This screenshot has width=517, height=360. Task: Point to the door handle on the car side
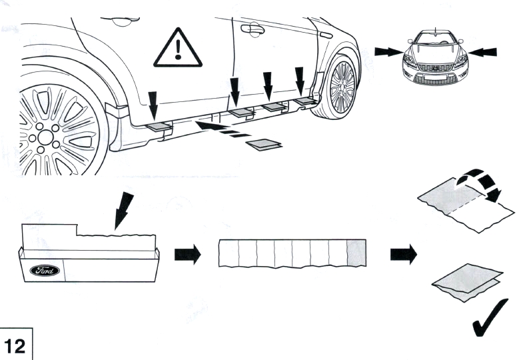point(253,28)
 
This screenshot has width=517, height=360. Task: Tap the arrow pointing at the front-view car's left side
point(387,51)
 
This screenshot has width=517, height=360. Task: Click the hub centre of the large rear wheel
point(45,137)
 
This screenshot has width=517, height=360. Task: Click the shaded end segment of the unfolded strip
point(357,254)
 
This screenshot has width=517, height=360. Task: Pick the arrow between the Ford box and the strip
point(187,255)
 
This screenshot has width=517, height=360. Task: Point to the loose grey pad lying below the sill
point(264,144)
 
